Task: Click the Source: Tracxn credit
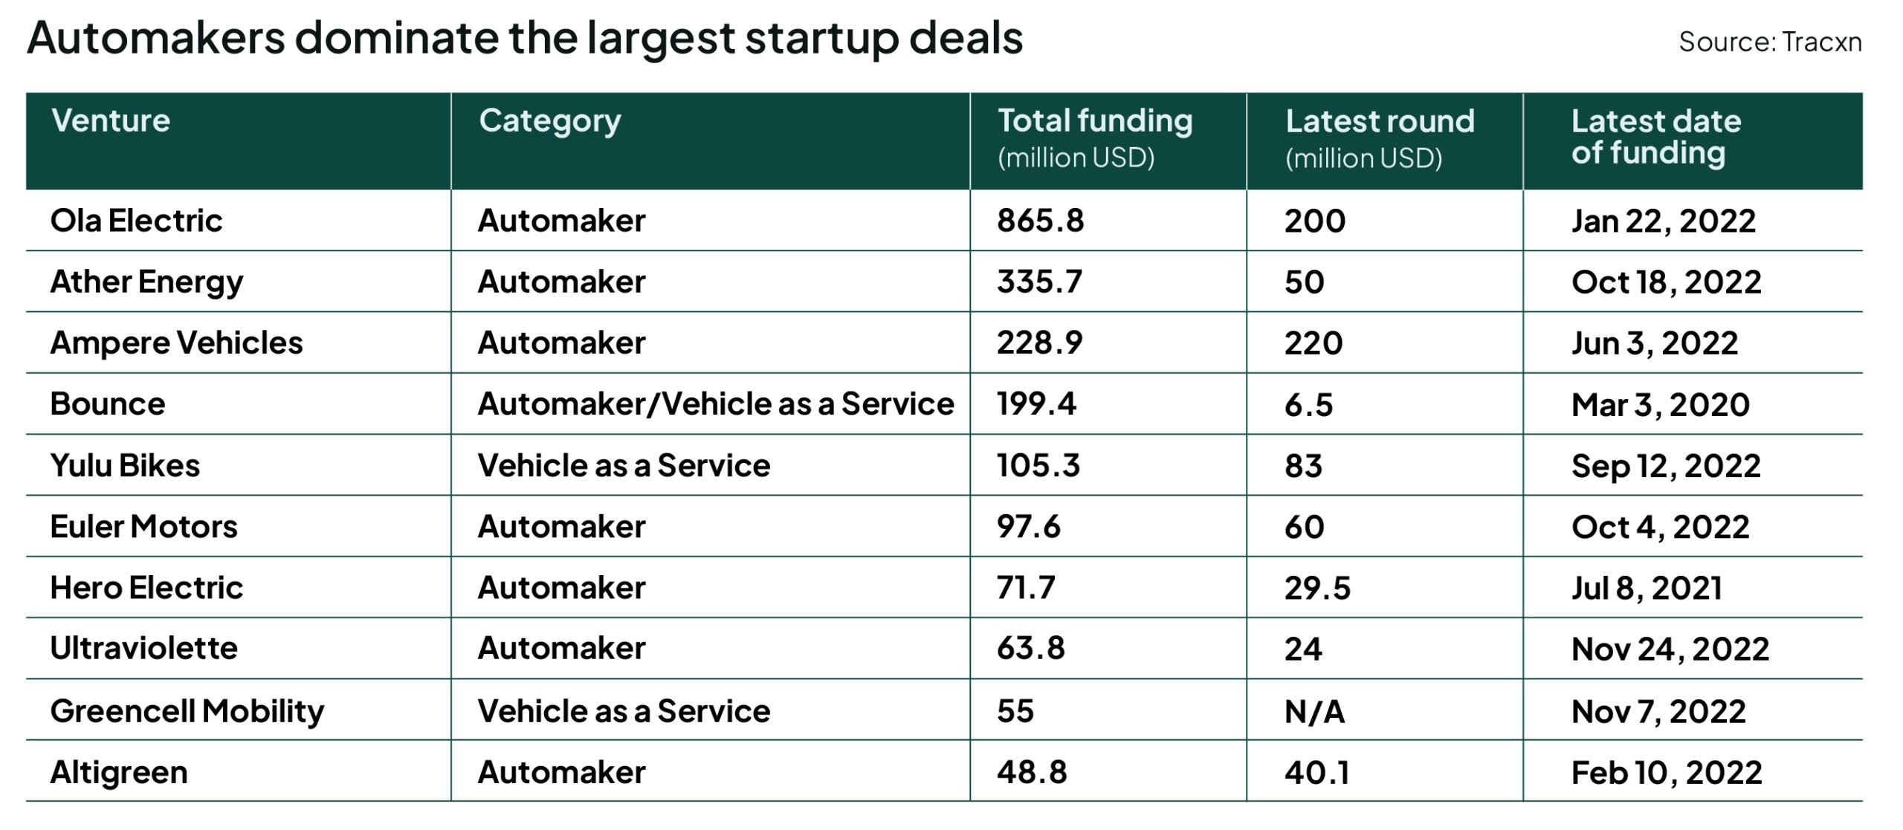pyautogui.click(x=1769, y=42)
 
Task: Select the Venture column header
pyautogui.click(x=111, y=121)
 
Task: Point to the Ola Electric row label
pyautogui.click(x=136, y=221)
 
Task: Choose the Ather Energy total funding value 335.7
pyautogui.click(x=1039, y=282)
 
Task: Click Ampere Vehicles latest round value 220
pyautogui.click(x=1314, y=343)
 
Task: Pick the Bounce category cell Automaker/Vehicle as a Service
pyautogui.click(x=715, y=404)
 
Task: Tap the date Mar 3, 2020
pyautogui.click(x=1660, y=405)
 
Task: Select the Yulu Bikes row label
pyautogui.click(x=125, y=466)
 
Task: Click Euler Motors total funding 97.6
pyautogui.click(x=1029, y=527)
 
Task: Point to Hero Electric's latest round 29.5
pyautogui.click(x=1317, y=589)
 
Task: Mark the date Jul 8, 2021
pyautogui.click(x=1647, y=589)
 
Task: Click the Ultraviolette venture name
pyautogui.click(x=143, y=649)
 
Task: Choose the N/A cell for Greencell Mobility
pyautogui.click(x=1314, y=712)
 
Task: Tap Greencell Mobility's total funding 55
pyautogui.click(x=1015, y=711)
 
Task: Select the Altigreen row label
pyautogui.click(x=119, y=773)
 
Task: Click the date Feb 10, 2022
pyautogui.click(x=1666, y=773)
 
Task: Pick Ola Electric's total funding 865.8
pyautogui.click(x=1040, y=221)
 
